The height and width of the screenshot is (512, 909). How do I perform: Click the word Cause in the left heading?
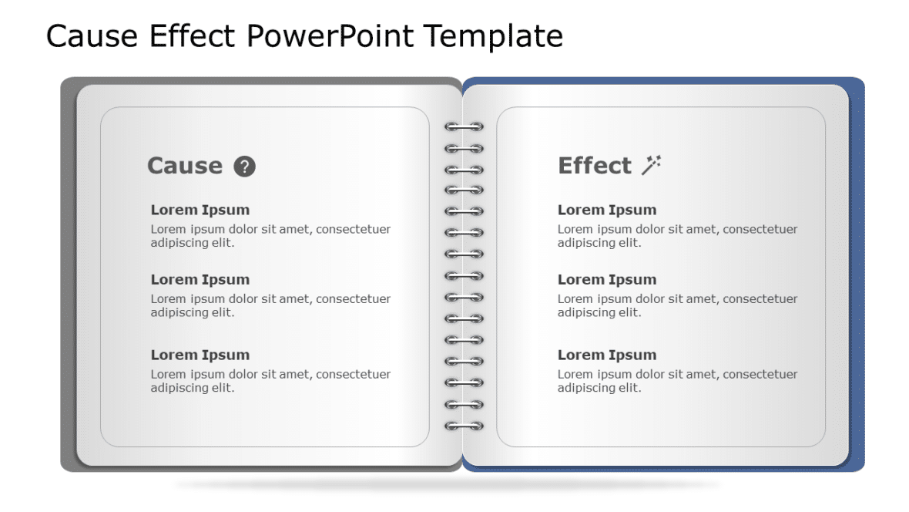pos(184,166)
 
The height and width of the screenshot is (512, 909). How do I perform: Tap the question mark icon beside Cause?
pos(244,167)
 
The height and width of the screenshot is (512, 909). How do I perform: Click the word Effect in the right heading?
pos(594,166)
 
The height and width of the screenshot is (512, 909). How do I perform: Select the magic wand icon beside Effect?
pos(652,165)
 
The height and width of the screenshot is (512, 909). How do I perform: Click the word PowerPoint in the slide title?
pos(331,36)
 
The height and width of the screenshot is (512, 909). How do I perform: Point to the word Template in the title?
pos(493,36)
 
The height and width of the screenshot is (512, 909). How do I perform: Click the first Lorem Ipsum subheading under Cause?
pos(200,210)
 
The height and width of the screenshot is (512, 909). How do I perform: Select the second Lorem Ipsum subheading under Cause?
pos(200,279)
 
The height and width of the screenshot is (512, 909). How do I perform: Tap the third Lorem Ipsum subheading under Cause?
pos(200,355)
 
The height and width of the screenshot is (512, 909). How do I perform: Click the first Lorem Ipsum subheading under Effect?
pos(606,210)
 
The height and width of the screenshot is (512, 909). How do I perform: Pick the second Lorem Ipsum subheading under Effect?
pos(606,279)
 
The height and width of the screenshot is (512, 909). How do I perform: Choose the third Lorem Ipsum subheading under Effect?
pos(606,355)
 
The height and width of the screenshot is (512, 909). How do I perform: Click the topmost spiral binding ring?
pos(464,126)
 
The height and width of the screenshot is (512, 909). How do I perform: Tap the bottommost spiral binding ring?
pos(464,426)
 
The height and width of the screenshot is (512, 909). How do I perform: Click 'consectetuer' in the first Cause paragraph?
pos(353,229)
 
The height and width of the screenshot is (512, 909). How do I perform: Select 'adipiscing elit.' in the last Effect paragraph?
pos(599,388)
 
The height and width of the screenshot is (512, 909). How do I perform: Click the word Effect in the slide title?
pos(196,36)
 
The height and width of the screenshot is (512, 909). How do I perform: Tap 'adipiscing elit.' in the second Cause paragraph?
pos(192,312)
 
